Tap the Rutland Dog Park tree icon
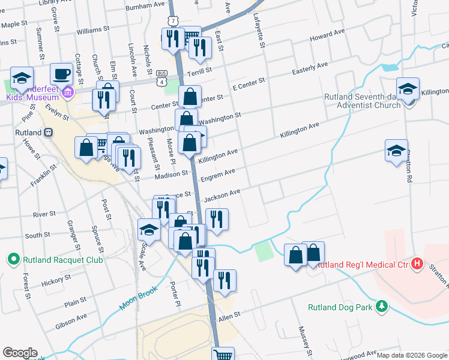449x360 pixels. [x=381, y=307]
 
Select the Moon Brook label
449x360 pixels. [x=139, y=297]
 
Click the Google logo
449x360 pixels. [x=20, y=353]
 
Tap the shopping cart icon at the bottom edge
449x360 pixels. [x=223, y=355]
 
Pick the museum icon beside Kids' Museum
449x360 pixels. [x=67, y=92]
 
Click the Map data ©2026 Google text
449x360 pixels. [x=412, y=355]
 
